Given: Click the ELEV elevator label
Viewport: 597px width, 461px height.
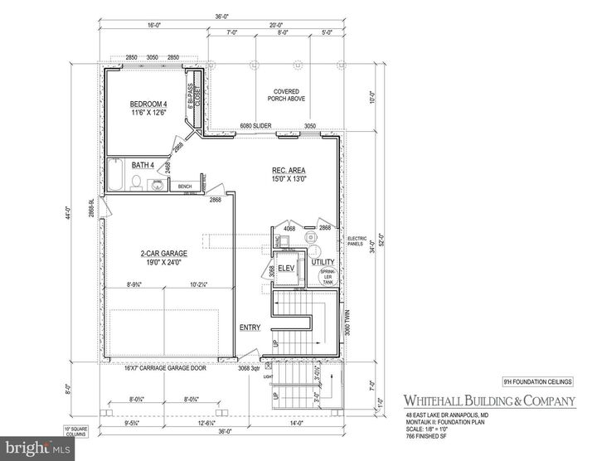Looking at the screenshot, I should [287, 269].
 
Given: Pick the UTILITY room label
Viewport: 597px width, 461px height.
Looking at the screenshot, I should [322, 262].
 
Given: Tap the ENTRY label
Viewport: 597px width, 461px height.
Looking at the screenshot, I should [250, 328].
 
